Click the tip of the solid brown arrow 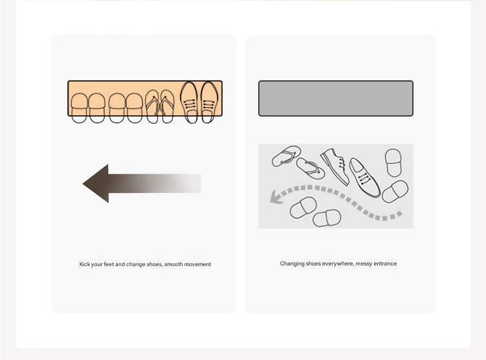coord(83,184)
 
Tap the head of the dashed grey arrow coord(276,197)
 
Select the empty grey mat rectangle coord(336,98)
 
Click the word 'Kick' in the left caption coord(84,264)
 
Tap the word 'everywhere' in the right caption coord(338,264)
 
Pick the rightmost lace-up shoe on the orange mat coord(209,102)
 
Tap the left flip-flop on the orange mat coord(152,107)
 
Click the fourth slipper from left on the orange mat coord(134,108)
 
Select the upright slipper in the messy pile coord(393,163)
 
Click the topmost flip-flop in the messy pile coord(286,155)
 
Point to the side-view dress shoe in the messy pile coord(335,166)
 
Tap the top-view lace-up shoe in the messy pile coord(364,177)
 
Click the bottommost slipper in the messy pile coord(327,218)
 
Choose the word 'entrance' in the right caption coord(385,264)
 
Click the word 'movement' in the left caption coord(199,264)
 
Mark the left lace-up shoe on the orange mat coord(189,102)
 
